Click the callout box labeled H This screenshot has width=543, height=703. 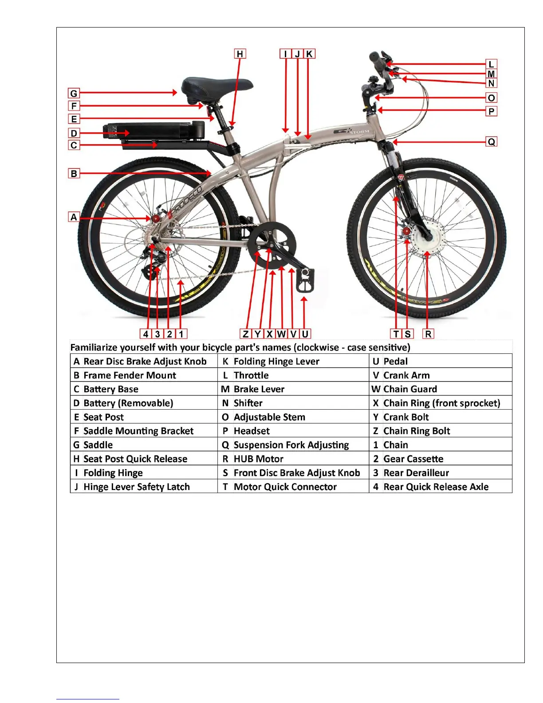240,54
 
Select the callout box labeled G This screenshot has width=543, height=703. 74,93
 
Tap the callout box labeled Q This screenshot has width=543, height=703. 491,142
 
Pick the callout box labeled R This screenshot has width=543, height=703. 428,334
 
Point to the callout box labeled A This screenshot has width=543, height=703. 74,217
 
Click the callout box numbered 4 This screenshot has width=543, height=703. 146,334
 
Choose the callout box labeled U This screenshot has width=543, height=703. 305,334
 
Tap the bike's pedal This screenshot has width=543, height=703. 306,280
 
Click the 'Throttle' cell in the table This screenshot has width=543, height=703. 251,375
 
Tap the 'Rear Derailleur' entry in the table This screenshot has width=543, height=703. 416,473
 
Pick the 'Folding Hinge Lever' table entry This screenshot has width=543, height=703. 276,362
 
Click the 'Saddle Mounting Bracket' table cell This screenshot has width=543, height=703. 138,431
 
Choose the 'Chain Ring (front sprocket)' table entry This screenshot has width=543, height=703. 441,403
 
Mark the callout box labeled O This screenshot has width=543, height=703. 491,98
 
